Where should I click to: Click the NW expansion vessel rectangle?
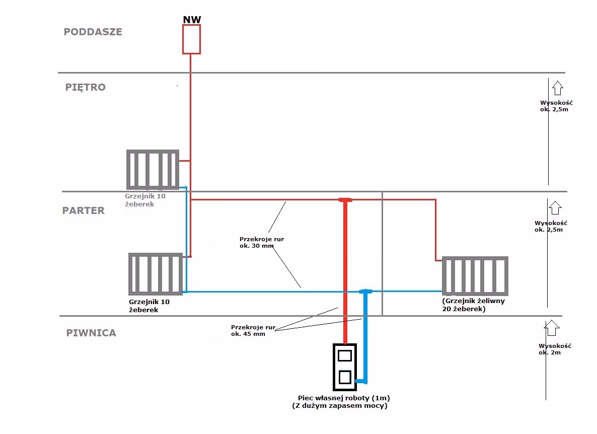click(191, 39)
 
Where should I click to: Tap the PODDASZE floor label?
click(93, 32)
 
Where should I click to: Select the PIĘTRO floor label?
click(86, 87)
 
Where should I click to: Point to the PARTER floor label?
click(84, 210)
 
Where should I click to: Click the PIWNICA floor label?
click(91, 333)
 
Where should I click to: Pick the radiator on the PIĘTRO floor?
click(153, 169)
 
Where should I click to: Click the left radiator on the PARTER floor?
click(155, 273)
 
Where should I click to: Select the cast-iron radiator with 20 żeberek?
click(475, 276)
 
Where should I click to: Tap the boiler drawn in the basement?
click(345, 367)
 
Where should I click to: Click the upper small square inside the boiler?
click(345, 356)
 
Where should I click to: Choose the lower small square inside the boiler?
click(345, 377)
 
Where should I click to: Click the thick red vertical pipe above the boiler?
click(345, 272)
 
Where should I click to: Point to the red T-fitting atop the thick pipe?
click(345, 200)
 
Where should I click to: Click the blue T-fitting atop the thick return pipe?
click(366, 292)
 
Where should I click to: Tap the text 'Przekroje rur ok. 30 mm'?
click(262, 243)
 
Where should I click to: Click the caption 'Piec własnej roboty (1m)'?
click(344, 398)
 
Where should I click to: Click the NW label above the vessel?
click(191, 20)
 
